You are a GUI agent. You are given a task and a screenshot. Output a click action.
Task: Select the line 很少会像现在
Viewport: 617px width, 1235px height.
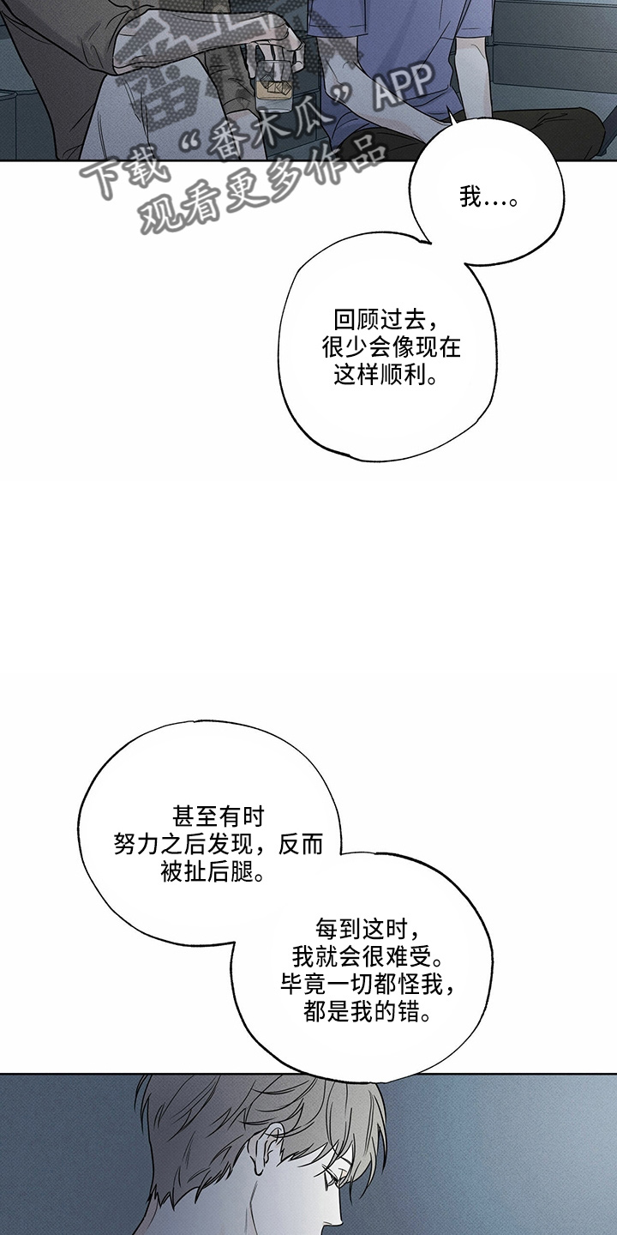click(391, 347)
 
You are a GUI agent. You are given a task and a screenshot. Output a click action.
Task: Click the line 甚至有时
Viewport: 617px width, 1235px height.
click(219, 816)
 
